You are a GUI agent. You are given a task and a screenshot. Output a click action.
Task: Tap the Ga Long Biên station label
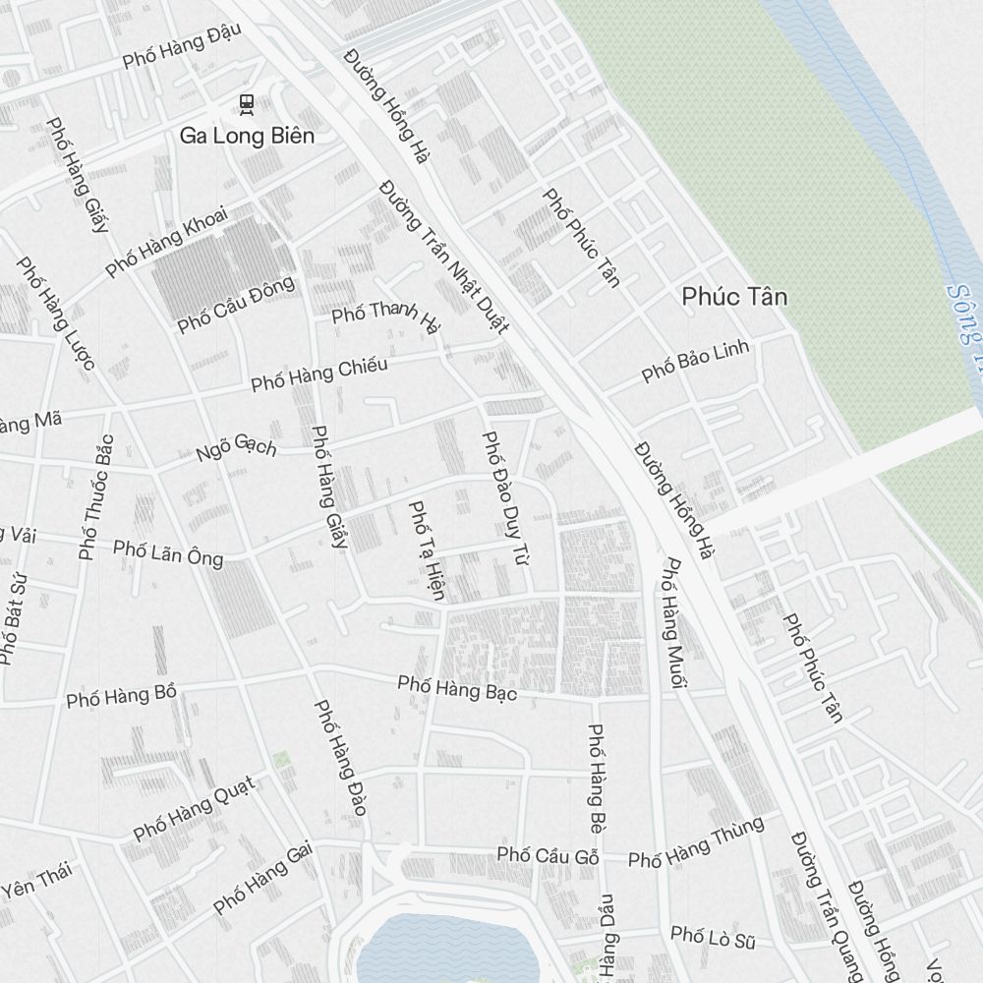click(x=247, y=136)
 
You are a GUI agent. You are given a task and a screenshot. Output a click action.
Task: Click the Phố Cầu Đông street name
click(x=236, y=305)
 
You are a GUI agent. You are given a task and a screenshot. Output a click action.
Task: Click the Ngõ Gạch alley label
click(x=236, y=447)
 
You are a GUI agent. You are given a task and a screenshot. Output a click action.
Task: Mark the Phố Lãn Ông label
click(x=168, y=552)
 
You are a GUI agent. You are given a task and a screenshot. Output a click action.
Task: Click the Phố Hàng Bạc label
click(x=457, y=687)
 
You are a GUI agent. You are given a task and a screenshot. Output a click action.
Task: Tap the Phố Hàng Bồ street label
click(x=121, y=696)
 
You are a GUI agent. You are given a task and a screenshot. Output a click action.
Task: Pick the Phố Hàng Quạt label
click(x=194, y=808)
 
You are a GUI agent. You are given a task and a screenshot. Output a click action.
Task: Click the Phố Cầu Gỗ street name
click(x=548, y=855)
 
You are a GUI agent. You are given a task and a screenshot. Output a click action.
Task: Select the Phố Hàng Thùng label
click(x=696, y=843)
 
